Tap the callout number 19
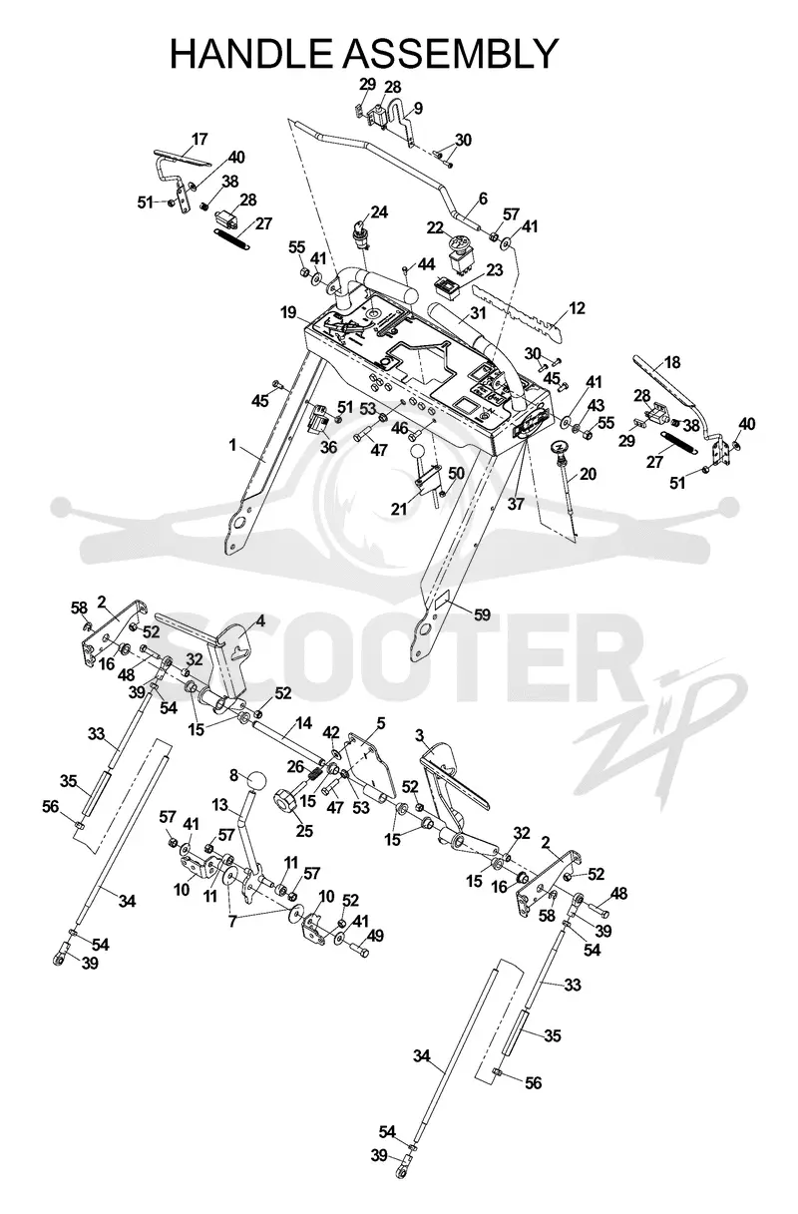(290, 312)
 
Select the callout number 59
(482, 614)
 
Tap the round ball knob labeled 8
(257, 783)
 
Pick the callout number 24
(379, 211)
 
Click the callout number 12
(577, 308)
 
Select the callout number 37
(516, 504)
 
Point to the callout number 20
(588, 474)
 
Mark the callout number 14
(303, 723)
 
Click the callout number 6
(483, 199)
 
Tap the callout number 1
(232, 445)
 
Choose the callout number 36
(328, 447)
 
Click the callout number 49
(375, 936)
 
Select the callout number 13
(220, 805)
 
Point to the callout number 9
(418, 108)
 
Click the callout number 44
(426, 264)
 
